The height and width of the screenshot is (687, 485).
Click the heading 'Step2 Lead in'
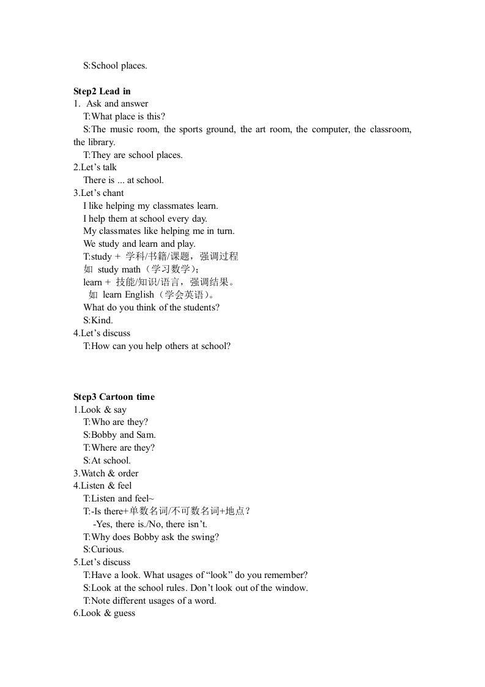pyautogui.click(x=102, y=91)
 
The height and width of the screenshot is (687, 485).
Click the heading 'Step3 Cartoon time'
pyautogui.click(x=114, y=397)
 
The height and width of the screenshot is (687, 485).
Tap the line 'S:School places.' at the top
pyautogui.click(x=115, y=66)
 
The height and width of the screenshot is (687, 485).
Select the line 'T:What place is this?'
pyautogui.click(x=124, y=116)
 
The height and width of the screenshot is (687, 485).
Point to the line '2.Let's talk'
pyautogui.click(x=95, y=167)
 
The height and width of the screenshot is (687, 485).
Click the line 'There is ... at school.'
pyautogui.click(x=124, y=180)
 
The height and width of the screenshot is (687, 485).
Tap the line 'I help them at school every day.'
pyautogui.click(x=146, y=218)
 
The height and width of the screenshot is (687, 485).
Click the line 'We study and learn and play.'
pyautogui.click(x=139, y=244)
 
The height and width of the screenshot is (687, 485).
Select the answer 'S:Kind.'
pyautogui.click(x=98, y=320)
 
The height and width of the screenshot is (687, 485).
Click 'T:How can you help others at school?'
pyautogui.click(x=157, y=346)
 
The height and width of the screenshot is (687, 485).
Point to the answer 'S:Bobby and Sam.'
pyautogui.click(x=120, y=435)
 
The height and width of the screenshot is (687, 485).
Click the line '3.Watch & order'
pyautogui.click(x=106, y=473)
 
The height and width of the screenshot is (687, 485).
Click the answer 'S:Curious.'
pyautogui.click(x=103, y=549)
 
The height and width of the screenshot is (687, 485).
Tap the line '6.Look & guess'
pyautogui.click(x=104, y=613)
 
